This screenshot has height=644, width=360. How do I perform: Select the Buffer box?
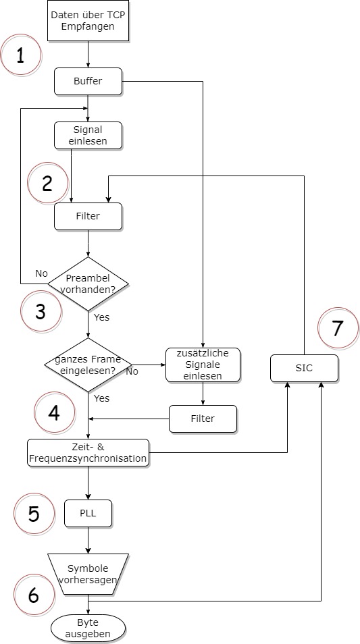[88, 81]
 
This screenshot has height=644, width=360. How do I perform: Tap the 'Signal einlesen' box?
[88, 135]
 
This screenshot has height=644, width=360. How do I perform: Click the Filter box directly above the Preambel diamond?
[88, 216]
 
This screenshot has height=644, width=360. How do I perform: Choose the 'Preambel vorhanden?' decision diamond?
[88, 284]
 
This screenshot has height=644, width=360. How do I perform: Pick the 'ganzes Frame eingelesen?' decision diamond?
[88, 365]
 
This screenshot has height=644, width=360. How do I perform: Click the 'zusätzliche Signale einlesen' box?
[203, 365]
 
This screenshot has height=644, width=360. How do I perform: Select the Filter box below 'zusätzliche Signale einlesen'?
[203, 419]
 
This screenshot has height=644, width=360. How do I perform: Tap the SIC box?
[304, 368]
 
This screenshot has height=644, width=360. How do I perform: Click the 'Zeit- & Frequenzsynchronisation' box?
[88, 452]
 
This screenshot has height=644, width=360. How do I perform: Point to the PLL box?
[88, 513]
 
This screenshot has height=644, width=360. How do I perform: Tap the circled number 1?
[20, 55]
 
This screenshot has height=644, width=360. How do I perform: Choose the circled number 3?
[41, 311]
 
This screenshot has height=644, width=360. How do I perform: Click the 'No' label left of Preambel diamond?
[41, 274]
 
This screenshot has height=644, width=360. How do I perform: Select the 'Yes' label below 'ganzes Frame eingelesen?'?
[102, 398]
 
